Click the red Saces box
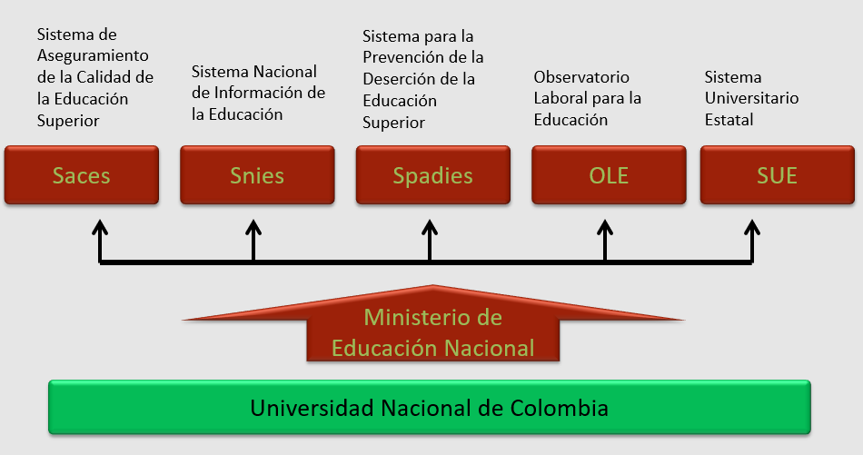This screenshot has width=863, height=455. pos(82,174)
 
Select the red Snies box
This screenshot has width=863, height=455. pos(257,174)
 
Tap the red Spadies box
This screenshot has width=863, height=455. pos(432,174)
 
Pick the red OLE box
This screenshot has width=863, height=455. pos(609,174)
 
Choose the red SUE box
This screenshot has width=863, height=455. pos(777,174)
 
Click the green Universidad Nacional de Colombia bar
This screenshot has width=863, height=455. pos(429,408)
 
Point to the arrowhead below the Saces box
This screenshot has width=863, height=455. pos(99,223)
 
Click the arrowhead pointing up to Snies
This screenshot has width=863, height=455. pos(253,223)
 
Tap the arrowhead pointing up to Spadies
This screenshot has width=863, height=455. pos(430,223)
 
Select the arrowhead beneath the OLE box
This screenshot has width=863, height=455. pos(605,223)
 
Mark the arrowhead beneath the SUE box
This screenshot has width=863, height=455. pos(751,223)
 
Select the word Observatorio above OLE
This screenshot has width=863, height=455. pos(581,77)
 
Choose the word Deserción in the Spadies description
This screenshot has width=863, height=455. pos(402,79)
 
